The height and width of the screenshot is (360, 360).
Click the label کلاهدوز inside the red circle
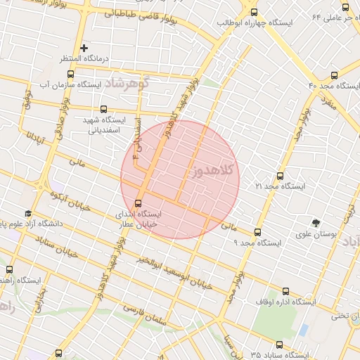tap(210, 173)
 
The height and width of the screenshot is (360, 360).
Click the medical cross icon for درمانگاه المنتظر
tap(84, 48)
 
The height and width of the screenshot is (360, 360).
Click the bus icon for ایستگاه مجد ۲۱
tap(280, 176)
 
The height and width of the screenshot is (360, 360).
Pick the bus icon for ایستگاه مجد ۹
tap(257, 231)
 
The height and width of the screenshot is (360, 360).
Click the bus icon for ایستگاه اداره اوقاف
tap(285, 290)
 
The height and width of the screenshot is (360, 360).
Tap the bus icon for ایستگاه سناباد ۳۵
tap(280, 345)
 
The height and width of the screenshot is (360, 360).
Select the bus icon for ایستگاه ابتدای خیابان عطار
tap(138, 202)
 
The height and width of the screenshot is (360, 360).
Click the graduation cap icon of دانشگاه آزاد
tap(28, 213)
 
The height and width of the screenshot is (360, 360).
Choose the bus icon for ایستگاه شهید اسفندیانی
tap(104, 109)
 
